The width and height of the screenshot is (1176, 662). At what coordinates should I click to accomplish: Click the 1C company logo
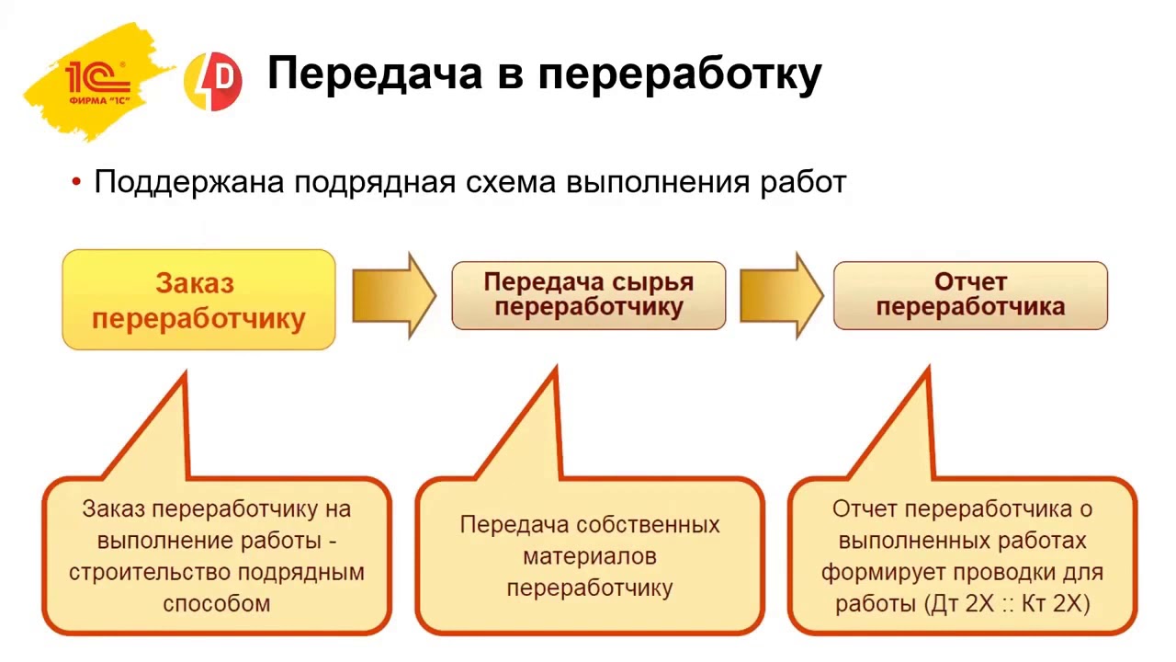97,81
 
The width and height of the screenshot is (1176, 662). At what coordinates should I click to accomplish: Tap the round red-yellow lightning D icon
213,82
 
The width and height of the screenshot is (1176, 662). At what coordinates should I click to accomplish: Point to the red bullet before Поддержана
76,182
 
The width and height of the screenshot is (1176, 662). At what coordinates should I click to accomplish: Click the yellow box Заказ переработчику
198,300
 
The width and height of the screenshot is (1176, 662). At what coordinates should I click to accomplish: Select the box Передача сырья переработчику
588,295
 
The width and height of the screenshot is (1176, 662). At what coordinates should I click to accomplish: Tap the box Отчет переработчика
970,295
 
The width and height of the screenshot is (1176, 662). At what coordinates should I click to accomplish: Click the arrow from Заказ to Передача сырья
393,296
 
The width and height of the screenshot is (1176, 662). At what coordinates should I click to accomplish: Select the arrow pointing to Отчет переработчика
780,296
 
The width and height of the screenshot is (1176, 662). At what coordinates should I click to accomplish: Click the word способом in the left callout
217,604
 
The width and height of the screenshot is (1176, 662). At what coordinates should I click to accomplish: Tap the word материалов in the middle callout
589,556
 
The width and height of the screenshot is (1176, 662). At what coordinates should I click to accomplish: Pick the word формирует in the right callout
881,572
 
